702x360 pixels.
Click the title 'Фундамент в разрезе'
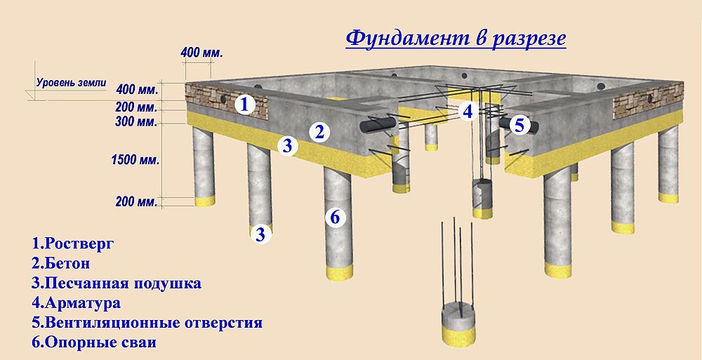coord(456,38)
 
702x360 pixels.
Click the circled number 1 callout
coord(244,105)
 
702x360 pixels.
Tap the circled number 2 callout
coord(319,131)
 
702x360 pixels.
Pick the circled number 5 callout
coord(519,126)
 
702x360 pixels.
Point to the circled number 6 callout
coord(335,217)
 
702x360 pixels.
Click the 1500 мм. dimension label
coord(135,160)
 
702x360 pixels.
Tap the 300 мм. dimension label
coord(137,122)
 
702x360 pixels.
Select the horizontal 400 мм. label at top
coord(201,53)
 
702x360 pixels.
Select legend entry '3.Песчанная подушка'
coord(117,284)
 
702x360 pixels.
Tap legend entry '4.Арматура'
coord(76,304)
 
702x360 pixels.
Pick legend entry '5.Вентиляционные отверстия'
coord(147,324)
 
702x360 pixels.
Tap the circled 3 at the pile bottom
coord(260,234)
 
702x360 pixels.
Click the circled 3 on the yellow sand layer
coord(286,146)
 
